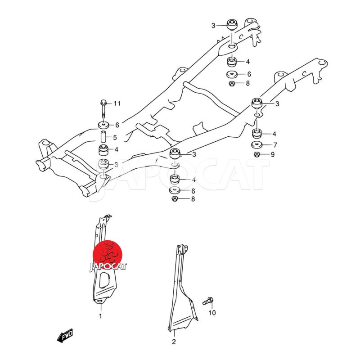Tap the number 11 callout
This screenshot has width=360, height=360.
tap(117, 104)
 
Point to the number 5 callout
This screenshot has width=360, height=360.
tap(115, 138)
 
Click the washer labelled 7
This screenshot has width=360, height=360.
tap(257, 145)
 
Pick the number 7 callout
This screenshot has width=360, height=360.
tap(274, 145)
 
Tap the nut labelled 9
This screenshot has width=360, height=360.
tap(256, 155)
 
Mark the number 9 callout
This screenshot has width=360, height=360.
tap(273, 155)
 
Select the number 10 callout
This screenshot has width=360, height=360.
tap(212, 313)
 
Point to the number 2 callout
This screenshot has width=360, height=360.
tap(174, 342)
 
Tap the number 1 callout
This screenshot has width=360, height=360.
tap(100, 316)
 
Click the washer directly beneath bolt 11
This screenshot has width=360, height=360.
tap(103, 125)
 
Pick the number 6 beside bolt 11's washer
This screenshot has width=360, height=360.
tap(117, 125)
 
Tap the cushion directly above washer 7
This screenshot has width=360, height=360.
tap(257, 134)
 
